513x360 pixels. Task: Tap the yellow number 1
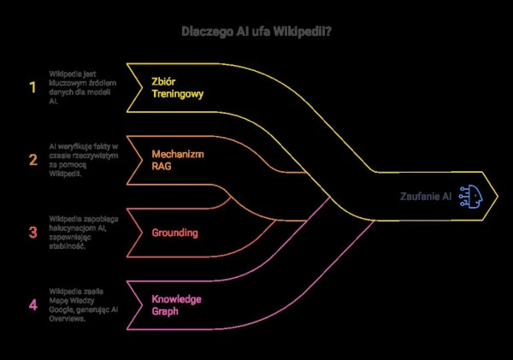click(x=33, y=86)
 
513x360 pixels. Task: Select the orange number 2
click(x=33, y=159)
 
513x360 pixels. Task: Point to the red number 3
click(x=33, y=232)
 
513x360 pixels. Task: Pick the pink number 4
click(x=33, y=304)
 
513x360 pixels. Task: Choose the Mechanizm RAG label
click(x=177, y=159)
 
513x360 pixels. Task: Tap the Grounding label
click(x=175, y=232)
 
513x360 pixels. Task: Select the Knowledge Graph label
click(x=176, y=304)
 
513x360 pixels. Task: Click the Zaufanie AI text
click(x=426, y=196)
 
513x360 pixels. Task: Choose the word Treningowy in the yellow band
click(x=178, y=94)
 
